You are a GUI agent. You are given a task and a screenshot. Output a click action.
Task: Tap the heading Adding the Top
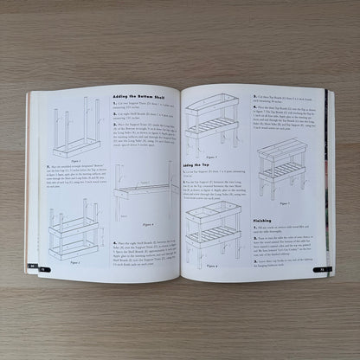[x=198, y=163]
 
